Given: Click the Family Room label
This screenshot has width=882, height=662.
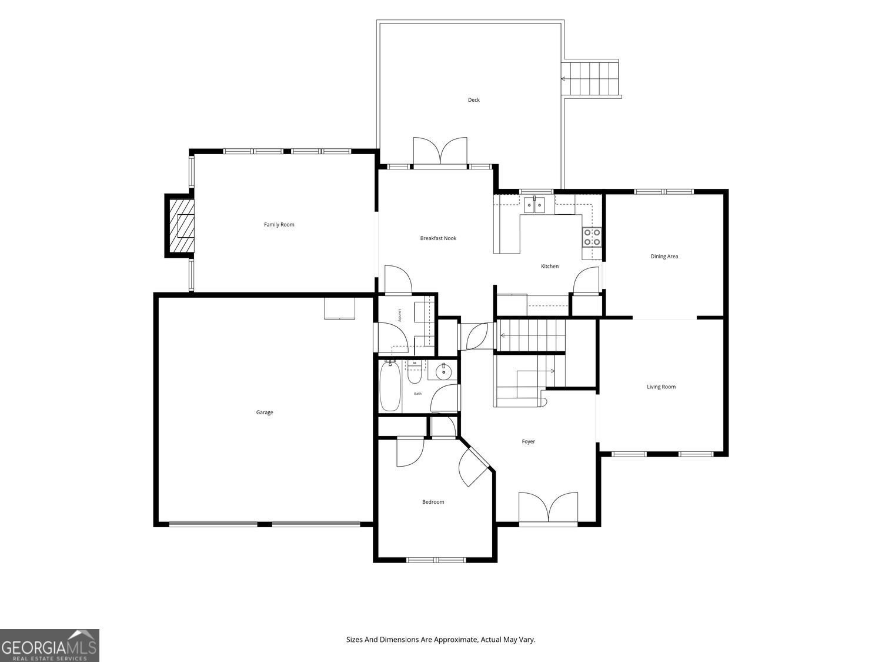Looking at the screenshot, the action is pos(279,225).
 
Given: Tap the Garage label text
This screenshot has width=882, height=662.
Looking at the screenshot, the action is pos(265,412).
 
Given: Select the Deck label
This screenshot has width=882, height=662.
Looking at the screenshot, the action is pos(474,99).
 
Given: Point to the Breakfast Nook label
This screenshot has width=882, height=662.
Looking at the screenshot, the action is pos(438,238).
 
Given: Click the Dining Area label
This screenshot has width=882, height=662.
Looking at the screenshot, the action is pos(664,257).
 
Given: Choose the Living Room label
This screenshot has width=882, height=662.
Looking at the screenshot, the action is pos(661,387).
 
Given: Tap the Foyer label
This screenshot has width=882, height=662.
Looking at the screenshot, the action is pos(528,442).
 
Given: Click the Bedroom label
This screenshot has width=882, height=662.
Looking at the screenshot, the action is pos(433,502).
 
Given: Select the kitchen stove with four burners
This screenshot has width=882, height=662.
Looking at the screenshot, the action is pos(592,237).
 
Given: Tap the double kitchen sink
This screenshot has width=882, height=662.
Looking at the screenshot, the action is pos(534,205).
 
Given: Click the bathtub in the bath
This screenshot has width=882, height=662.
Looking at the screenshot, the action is pos(390,386).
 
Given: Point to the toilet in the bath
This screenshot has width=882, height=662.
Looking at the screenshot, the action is pos(415,372).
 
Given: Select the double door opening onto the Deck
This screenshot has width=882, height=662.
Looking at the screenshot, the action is pos(440,152).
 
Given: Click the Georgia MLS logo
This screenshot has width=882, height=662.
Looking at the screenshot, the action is pos(49,646).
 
